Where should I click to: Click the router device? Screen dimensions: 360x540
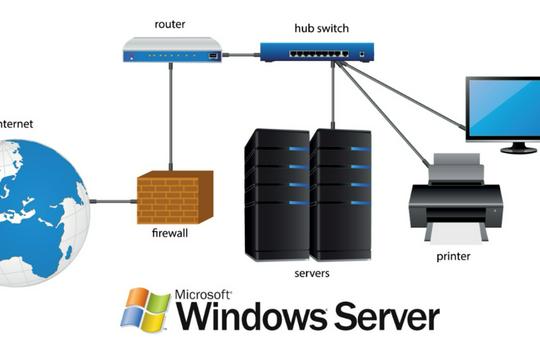pos(171,49)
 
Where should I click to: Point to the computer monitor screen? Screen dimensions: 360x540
pos(503,107)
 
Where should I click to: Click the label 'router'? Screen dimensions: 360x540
pos(170,20)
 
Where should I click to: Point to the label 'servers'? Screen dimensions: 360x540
pos(313,272)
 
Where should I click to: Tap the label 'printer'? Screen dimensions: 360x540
pos(453,255)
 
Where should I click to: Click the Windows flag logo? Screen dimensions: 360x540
pos(146,310)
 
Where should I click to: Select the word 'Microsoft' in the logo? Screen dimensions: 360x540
pos(204,296)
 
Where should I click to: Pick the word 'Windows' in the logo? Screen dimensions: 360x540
pos(251,318)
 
